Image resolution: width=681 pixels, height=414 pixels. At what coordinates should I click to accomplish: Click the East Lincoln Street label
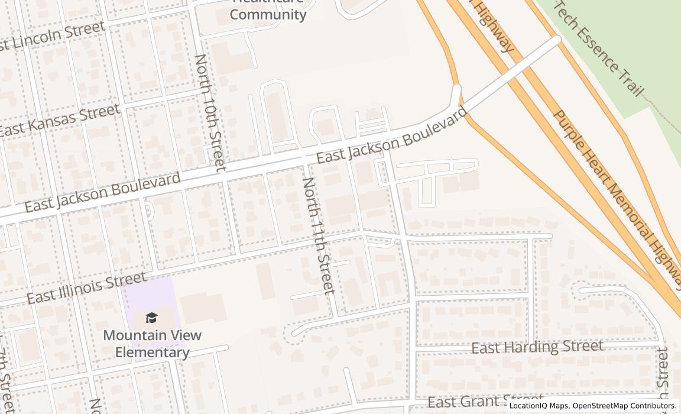tap(52, 37)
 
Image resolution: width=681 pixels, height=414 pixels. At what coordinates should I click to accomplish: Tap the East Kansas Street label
tap(59, 121)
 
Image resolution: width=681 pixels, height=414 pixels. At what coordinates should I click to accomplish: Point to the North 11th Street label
tap(319, 235)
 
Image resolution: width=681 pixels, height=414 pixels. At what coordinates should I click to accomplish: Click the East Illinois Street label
tap(86, 287)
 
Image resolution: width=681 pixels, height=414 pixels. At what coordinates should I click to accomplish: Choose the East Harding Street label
tap(537, 347)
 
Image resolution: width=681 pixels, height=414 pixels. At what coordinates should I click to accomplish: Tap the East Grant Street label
tap(485, 402)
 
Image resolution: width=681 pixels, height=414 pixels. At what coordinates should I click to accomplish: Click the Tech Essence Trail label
tap(598, 47)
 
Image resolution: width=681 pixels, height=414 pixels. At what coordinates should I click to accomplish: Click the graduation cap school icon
tap(152, 318)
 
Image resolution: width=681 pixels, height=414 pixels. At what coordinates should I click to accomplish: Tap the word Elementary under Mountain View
tap(152, 352)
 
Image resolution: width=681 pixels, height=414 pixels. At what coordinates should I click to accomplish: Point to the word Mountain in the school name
tap(131, 335)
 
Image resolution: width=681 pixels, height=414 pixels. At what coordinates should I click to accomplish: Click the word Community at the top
tap(268, 14)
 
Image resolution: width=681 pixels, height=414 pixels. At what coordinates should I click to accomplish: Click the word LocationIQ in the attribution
tap(527, 406)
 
